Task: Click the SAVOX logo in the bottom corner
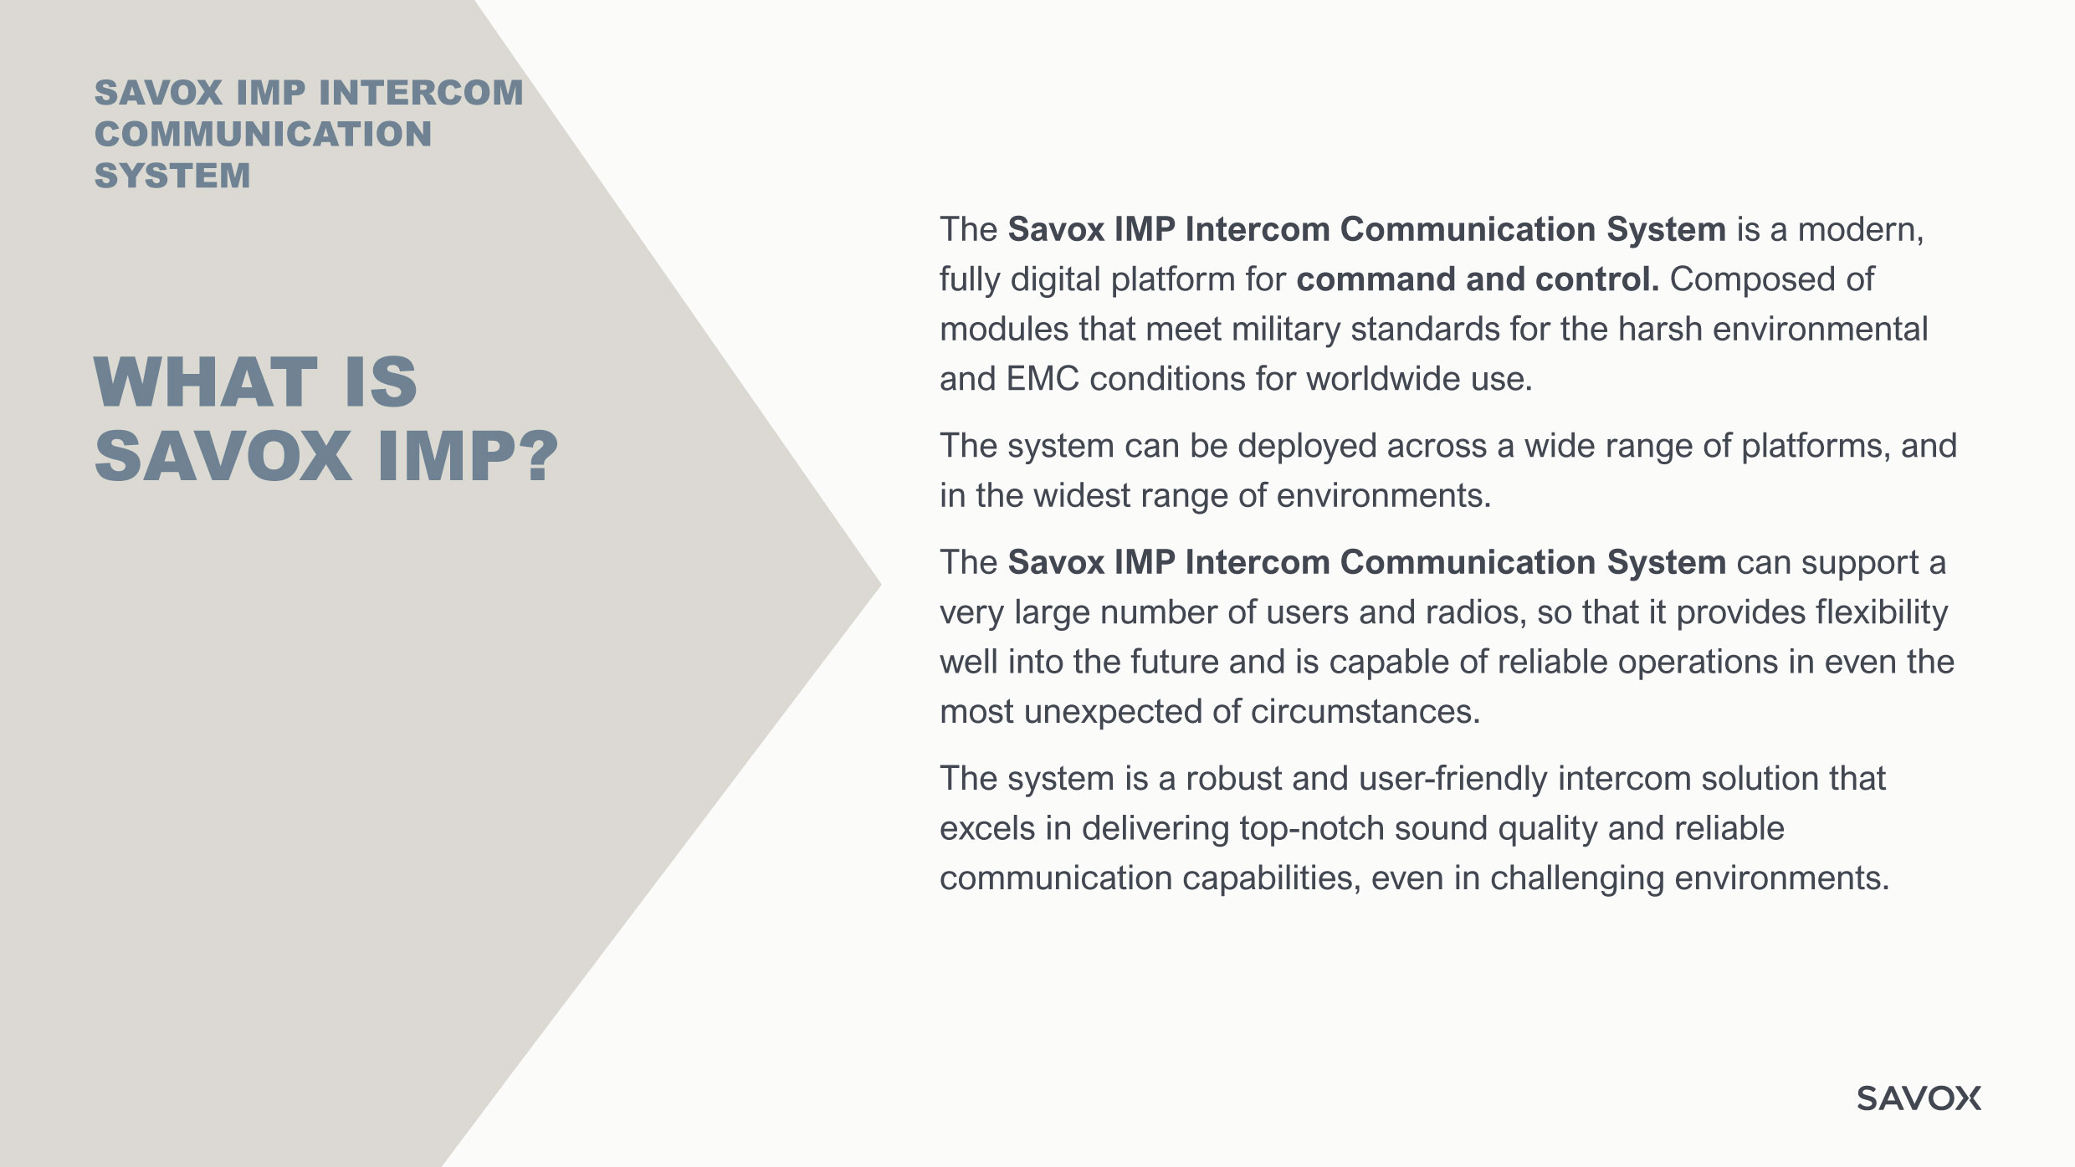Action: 1919,1098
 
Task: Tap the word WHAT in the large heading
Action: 206,382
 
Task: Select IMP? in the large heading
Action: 468,457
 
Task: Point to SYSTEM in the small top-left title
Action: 172,176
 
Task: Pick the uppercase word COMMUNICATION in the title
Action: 264,134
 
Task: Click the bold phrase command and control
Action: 1478,279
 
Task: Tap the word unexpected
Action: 1113,713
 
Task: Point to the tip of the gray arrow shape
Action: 881,584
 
